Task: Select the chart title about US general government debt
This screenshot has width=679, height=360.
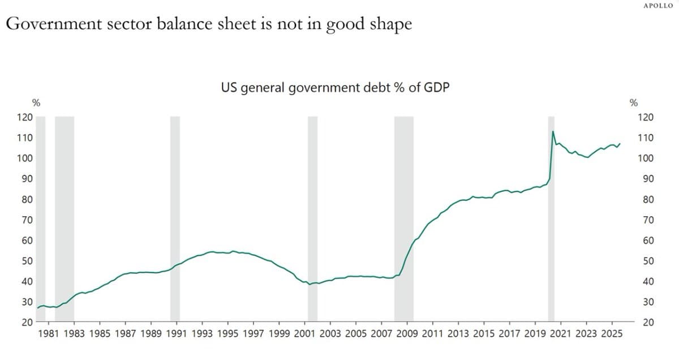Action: point(336,88)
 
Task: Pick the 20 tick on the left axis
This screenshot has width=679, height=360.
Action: point(27,322)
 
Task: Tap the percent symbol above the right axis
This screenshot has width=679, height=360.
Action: point(634,103)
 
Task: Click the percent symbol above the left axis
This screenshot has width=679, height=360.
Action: point(36,103)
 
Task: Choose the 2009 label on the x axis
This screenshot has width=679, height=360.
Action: point(406,333)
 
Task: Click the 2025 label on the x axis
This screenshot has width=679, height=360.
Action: point(612,333)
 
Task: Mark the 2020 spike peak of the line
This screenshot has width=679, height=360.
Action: point(552,131)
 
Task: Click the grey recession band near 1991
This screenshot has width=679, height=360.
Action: point(175,218)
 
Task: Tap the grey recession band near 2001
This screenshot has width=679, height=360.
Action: point(312,218)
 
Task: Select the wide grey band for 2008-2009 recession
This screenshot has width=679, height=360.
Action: point(403,218)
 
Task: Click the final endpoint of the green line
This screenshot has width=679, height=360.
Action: point(620,143)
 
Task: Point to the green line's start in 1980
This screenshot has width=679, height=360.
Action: point(37,308)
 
